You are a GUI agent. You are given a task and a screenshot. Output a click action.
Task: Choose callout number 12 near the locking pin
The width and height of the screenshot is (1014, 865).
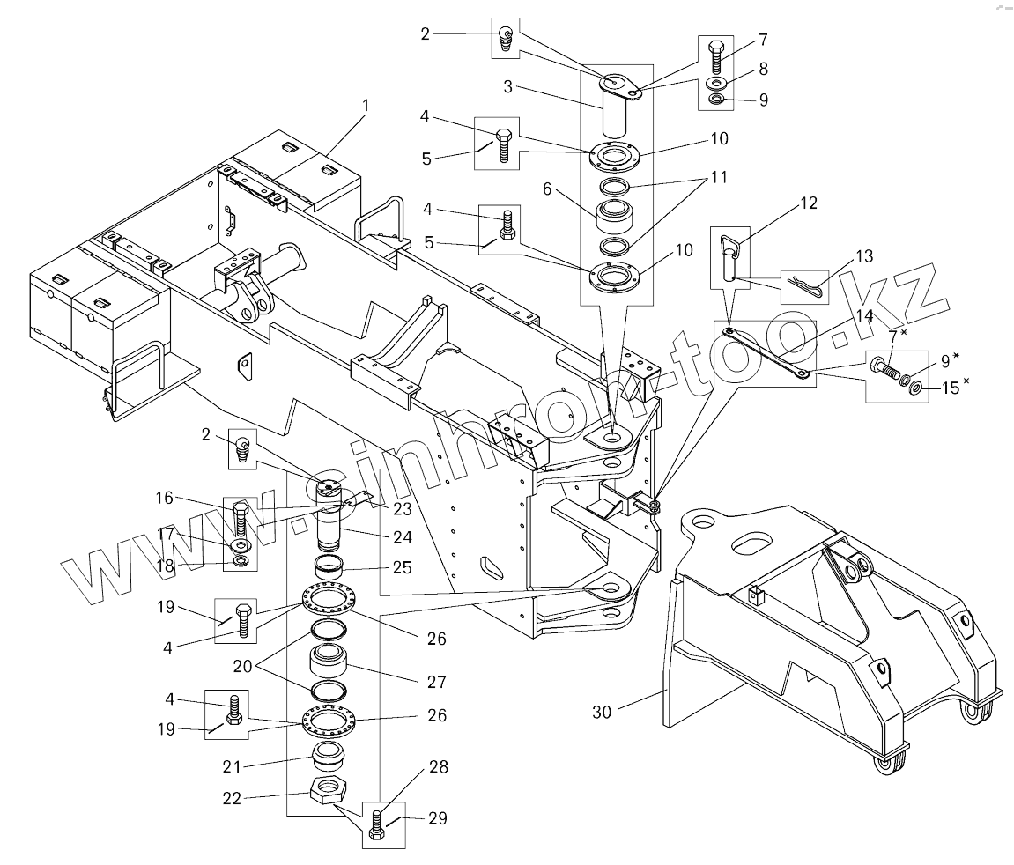pos(809,203)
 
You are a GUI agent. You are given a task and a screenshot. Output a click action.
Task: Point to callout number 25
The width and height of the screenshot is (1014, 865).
pos(403,566)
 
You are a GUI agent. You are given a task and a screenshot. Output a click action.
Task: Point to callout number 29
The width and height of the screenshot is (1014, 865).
pos(437,818)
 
